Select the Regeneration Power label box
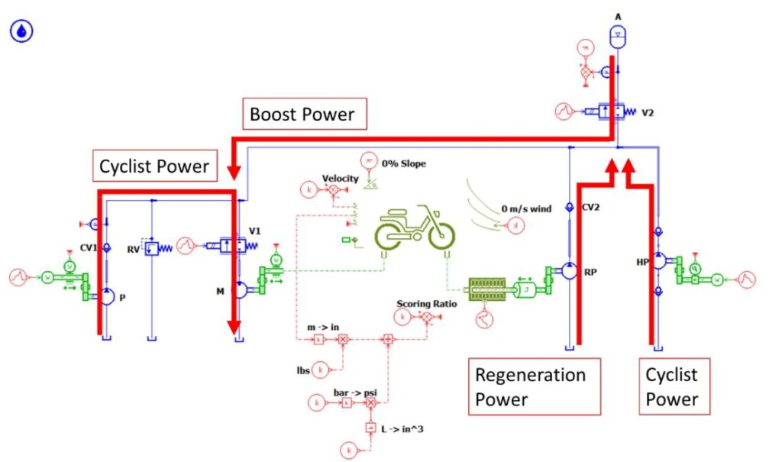533,386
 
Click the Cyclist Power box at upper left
154,165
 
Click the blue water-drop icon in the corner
22,31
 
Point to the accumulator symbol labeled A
617,34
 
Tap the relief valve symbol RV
152,248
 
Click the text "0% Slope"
404,163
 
